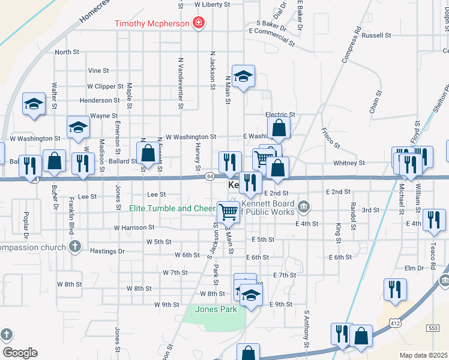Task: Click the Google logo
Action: (20, 353)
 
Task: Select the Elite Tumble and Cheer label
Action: (172, 209)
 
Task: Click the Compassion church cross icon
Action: (74, 246)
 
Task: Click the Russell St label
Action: (376, 35)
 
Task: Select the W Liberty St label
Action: (212, 4)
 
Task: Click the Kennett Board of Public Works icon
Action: (304, 208)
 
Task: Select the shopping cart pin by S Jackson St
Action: (229, 211)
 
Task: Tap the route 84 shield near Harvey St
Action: (209, 176)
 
